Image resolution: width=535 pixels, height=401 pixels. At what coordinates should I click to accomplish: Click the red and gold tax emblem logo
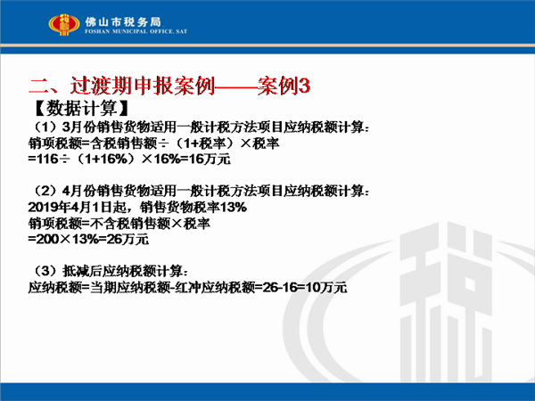tap(64, 25)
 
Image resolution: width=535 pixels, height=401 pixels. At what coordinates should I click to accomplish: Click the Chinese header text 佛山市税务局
tap(123, 22)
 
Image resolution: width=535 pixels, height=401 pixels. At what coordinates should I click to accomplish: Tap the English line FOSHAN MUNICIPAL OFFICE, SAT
tap(136, 31)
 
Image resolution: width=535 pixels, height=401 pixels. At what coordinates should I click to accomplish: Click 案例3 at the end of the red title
tap(284, 86)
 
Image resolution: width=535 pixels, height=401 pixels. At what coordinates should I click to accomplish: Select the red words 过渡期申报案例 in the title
tap(143, 86)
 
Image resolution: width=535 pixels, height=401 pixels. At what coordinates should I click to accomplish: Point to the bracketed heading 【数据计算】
tap(81, 109)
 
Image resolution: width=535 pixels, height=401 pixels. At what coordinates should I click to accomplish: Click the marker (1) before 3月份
tap(45, 127)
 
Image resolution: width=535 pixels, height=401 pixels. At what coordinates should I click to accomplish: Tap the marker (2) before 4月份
tap(45, 191)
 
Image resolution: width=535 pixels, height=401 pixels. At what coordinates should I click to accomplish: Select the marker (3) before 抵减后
tap(45, 272)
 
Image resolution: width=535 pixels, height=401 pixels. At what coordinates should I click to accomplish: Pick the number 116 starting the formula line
tap(47, 160)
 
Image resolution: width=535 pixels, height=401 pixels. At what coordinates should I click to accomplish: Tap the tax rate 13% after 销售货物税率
tap(234, 208)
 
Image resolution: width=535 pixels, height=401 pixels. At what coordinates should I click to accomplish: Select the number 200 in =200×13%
tap(48, 240)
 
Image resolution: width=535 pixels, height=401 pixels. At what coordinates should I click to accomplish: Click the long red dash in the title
tap(236, 87)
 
